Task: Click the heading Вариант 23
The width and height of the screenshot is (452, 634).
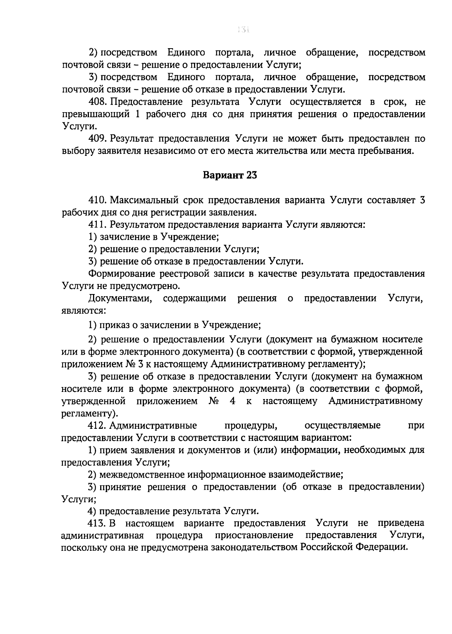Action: click(230, 175)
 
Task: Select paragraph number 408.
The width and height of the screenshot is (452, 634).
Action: click(98, 102)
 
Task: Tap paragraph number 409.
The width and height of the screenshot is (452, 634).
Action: click(98, 139)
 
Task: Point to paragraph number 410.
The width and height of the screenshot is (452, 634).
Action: click(98, 200)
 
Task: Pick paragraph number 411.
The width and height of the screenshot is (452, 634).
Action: click(98, 225)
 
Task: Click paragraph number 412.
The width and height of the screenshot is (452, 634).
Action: click(98, 426)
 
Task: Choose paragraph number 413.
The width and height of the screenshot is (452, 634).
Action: click(98, 523)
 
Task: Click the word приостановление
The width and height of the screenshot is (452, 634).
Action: click(254, 535)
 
